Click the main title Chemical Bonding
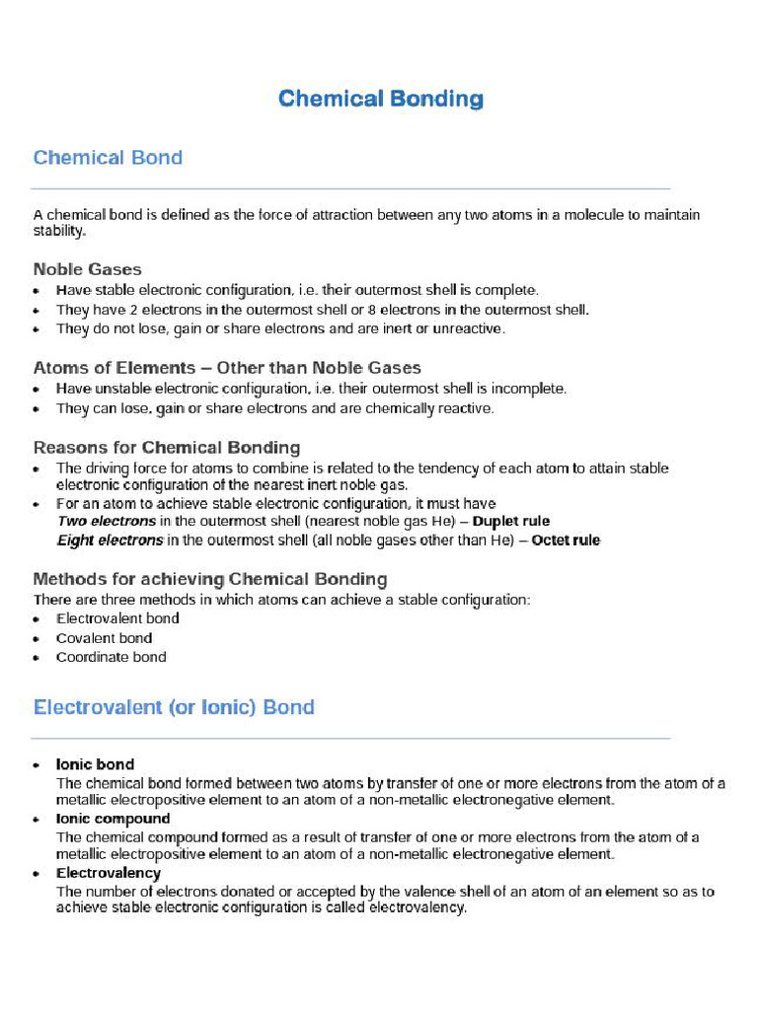(380, 99)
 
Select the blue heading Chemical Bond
(108, 158)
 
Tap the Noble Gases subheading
(87, 269)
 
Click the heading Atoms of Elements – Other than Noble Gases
(227, 368)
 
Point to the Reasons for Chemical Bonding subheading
(167, 448)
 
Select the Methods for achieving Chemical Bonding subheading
(210, 579)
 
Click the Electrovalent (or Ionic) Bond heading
(174, 707)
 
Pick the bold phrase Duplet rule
(511, 521)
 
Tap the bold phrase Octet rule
(566, 541)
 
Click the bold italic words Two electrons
(107, 521)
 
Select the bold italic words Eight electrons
(110, 541)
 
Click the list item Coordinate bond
(111, 657)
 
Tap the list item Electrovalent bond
(117, 618)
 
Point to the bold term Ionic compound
(113, 819)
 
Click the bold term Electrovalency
(108, 873)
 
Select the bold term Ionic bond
(95, 764)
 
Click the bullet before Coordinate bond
(37, 658)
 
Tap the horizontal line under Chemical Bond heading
(350, 188)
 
